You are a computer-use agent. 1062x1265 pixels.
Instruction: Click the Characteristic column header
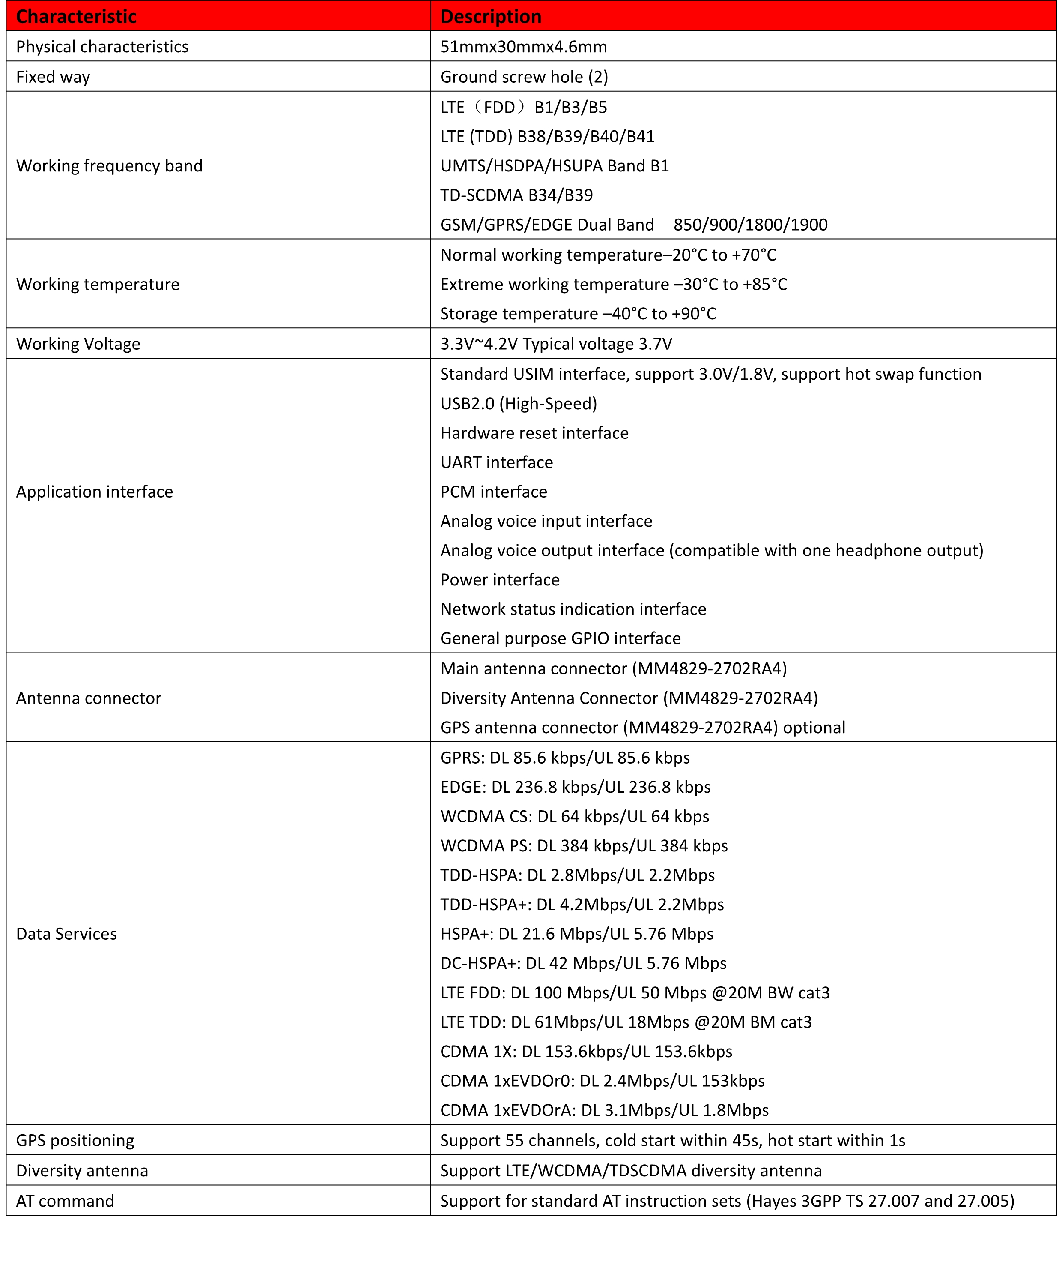click(77, 16)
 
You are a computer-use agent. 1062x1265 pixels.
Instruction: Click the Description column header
click(491, 16)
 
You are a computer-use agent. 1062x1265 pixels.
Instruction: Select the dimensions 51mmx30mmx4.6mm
click(523, 46)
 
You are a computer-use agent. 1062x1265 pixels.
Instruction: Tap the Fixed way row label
click(53, 77)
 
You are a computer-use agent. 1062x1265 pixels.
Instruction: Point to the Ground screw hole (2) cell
click(524, 77)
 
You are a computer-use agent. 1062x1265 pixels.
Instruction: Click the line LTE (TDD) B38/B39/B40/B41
click(547, 136)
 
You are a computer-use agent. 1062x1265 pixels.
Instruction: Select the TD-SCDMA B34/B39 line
click(516, 195)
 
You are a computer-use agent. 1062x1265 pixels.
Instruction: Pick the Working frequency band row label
click(109, 166)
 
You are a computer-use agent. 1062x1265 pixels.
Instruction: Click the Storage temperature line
click(578, 313)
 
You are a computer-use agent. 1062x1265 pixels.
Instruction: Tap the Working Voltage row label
click(78, 343)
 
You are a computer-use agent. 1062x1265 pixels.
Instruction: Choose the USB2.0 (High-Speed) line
click(518, 403)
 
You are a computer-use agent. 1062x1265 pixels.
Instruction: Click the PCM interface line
click(494, 492)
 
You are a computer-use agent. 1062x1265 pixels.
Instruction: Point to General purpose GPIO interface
click(561, 638)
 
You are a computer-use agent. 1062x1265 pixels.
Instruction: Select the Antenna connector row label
click(89, 698)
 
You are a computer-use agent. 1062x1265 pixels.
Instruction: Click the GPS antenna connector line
click(642, 727)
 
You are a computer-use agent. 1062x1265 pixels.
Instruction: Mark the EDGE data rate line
click(575, 787)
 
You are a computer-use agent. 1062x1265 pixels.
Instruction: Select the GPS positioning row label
click(75, 1140)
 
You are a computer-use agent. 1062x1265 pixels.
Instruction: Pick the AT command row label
click(65, 1201)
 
